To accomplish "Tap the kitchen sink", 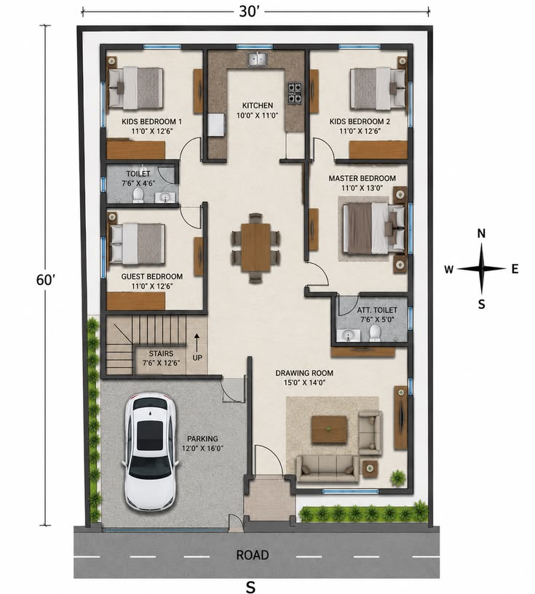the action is click(x=258, y=60).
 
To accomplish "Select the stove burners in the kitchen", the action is click(x=294, y=93).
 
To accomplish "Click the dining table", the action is click(x=255, y=247).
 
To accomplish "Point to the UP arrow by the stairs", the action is click(x=197, y=342).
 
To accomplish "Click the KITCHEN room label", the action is click(x=258, y=105).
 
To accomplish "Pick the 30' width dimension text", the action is click(x=249, y=12).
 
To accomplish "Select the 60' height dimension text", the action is click(x=46, y=280).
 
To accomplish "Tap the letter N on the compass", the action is click(x=481, y=233).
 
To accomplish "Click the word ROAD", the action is click(x=253, y=555).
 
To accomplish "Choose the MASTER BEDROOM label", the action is click(x=362, y=178).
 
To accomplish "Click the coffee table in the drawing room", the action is click(x=329, y=429).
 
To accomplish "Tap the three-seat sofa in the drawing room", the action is click(x=327, y=468).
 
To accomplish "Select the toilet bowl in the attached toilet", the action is click(x=375, y=332).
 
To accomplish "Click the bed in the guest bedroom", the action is click(x=137, y=244).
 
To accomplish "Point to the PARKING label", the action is click(x=202, y=438).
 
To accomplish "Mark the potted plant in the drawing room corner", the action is click(x=397, y=478).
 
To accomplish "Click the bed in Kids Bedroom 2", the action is click(x=378, y=88).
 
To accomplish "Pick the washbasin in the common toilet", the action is click(x=165, y=197).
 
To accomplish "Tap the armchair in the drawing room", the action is click(x=370, y=433).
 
